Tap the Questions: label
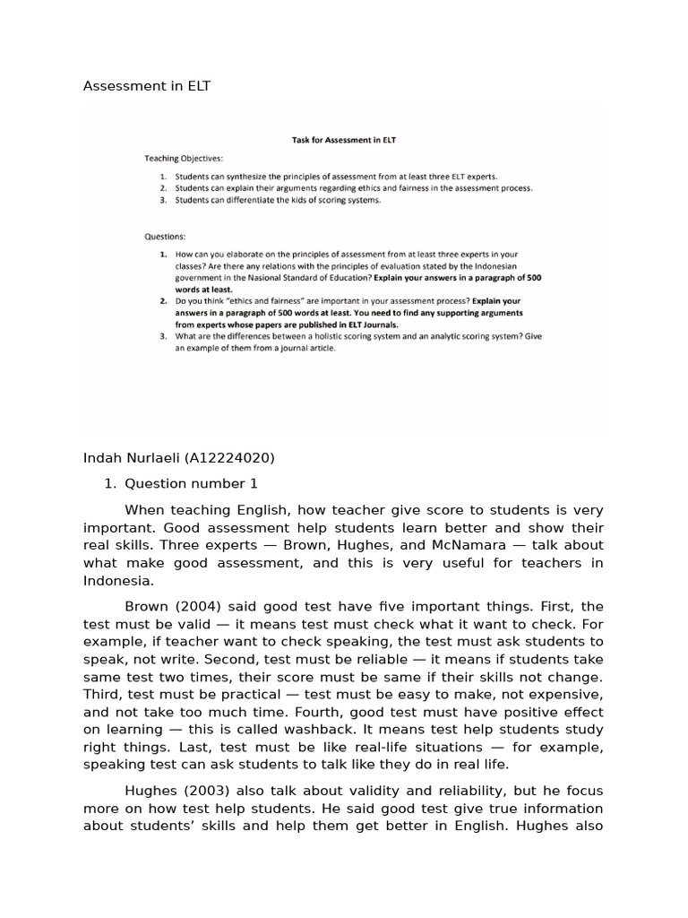coord(165,238)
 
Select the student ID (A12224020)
coord(229,458)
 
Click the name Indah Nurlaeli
coord(132,458)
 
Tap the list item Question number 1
coord(191,483)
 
